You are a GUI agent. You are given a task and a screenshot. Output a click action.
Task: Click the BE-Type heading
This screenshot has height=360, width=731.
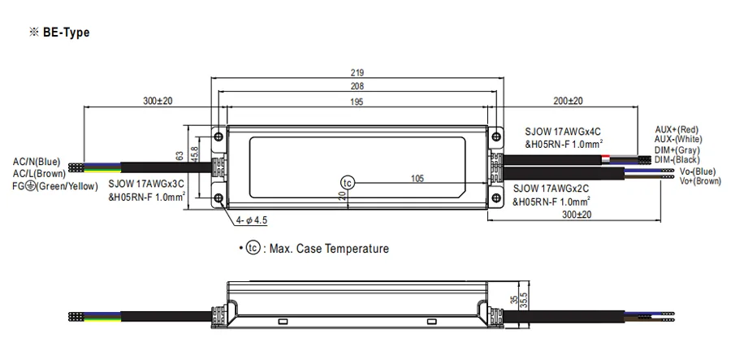coord(66,33)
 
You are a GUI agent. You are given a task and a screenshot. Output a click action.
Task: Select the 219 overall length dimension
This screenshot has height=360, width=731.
coord(357,73)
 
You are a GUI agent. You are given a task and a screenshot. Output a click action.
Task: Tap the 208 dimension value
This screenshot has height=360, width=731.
coord(357,86)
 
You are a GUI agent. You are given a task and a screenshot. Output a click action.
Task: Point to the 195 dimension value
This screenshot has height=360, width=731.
coord(357,102)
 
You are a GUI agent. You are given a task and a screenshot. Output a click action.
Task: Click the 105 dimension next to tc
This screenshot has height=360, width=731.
coord(417,178)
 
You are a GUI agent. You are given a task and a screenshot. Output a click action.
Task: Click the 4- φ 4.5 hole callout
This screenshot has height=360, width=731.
coord(252,220)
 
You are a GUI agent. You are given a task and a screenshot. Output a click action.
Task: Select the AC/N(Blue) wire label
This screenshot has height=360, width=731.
coord(37,163)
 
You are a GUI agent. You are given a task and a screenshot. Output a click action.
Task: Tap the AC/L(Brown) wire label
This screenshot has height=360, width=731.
coord(39,174)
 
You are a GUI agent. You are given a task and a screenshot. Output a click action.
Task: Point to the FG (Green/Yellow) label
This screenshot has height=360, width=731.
coord(55,186)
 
